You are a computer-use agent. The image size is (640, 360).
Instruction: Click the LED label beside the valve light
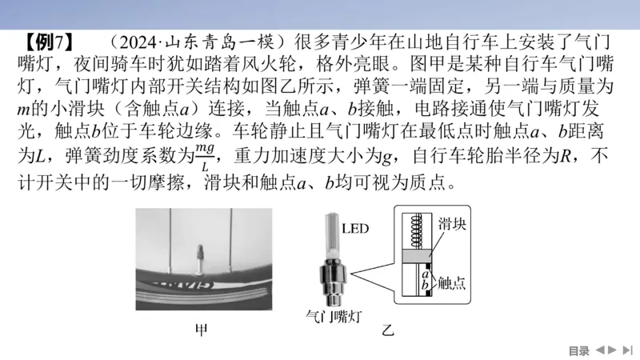[x=355, y=230]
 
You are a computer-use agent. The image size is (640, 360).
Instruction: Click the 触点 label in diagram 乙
[x=453, y=281]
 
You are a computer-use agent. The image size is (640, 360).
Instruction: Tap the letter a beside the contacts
[x=427, y=273]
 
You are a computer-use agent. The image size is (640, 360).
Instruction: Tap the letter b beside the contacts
[x=427, y=284]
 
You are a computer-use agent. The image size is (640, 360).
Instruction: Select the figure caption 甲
[x=202, y=330]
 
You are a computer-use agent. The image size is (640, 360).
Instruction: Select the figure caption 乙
[x=389, y=330]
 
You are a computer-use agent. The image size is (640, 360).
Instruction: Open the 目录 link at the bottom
[x=578, y=350]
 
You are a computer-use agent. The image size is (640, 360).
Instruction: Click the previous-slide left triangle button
[x=599, y=350]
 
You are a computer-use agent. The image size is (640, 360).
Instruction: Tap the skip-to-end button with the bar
[x=628, y=350]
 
